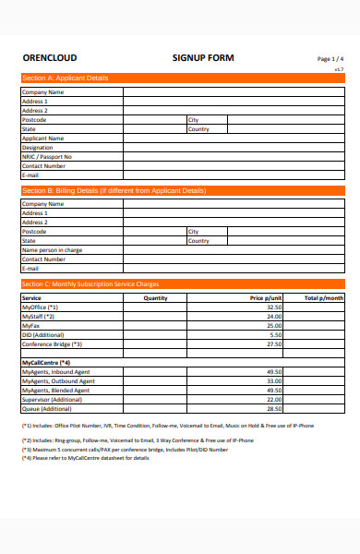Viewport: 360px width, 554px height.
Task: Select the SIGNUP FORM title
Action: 203,58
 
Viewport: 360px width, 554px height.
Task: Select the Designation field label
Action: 38,148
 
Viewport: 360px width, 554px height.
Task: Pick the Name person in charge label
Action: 52,250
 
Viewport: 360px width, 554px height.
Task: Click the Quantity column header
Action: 156,298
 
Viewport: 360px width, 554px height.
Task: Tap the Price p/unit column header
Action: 266,298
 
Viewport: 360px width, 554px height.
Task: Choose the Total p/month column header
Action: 324,298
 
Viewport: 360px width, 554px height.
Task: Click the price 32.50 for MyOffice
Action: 274,307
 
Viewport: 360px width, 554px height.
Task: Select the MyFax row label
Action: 30,326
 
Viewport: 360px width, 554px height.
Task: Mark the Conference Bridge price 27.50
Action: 274,343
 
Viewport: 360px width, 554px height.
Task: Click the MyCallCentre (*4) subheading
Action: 46,362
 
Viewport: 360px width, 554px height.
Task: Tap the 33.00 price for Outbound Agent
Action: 274,380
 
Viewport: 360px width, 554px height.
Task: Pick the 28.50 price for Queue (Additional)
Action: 274,408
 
